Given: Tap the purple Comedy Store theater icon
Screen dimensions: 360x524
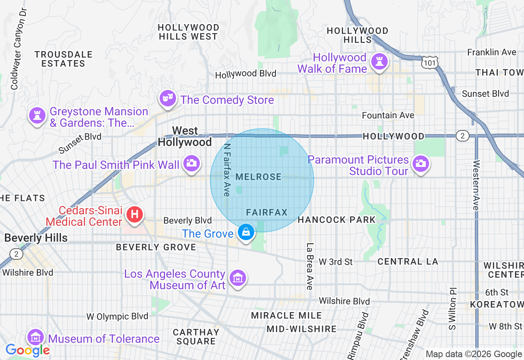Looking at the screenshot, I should click(x=168, y=98).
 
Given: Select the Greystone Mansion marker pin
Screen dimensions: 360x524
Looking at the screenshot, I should click(x=37, y=116).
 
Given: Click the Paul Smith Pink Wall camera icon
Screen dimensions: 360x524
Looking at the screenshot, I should click(x=191, y=164).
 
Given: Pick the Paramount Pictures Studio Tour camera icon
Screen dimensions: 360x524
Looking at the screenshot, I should click(x=420, y=164).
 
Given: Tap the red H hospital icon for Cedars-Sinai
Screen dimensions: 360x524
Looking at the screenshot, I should click(x=134, y=214).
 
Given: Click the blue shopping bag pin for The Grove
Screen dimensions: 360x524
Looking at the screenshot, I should click(x=246, y=232).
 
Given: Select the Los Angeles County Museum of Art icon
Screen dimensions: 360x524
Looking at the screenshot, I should click(x=237, y=278).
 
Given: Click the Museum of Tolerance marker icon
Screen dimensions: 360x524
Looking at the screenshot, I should click(x=36, y=337).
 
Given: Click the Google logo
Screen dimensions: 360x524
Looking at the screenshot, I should click(x=27, y=350).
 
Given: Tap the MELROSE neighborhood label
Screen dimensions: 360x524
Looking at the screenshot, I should click(x=259, y=177).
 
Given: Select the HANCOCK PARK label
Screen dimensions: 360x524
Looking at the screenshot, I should click(x=337, y=220).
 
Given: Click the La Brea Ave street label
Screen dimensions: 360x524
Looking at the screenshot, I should click(x=309, y=266).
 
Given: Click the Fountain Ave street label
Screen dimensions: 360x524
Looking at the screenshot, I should click(x=388, y=115).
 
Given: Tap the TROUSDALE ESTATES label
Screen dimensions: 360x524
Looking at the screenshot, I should click(x=63, y=59).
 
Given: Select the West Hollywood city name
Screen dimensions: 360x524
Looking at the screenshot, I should click(x=185, y=136).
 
